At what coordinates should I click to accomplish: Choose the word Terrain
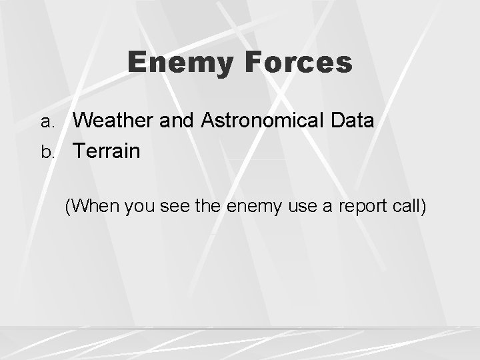pos(107,151)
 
